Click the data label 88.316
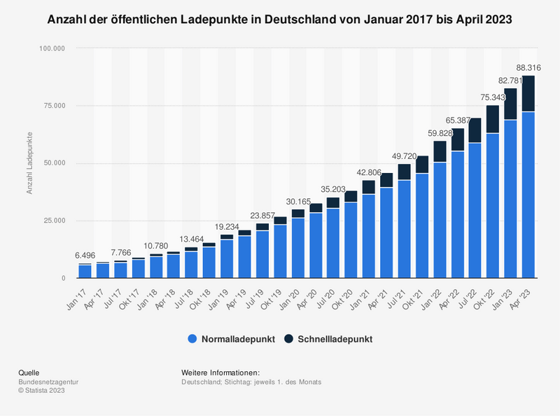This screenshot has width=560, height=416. [528, 67]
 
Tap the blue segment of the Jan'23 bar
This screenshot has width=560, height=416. [510, 199]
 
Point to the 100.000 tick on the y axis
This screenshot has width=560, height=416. [52, 48]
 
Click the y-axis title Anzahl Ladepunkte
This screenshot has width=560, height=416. [31, 163]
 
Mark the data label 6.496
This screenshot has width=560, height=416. [85, 256]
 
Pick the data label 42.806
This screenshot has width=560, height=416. [368, 172]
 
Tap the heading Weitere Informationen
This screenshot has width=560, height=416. [220, 372]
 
